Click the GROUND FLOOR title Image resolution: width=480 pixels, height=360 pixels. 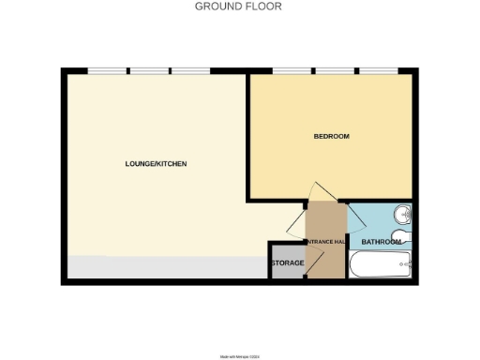[x=237, y=6]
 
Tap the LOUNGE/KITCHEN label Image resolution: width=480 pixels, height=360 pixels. [x=156, y=164]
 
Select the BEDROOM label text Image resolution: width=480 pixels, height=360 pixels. [x=331, y=137]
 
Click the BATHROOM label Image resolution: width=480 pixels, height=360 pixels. [x=382, y=242]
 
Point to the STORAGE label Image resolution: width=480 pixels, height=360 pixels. [x=287, y=263]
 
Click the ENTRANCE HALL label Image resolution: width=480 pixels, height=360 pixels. [x=325, y=242]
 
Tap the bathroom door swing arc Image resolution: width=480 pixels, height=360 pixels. [x=357, y=219]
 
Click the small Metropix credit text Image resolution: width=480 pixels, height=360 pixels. [x=239, y=355]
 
